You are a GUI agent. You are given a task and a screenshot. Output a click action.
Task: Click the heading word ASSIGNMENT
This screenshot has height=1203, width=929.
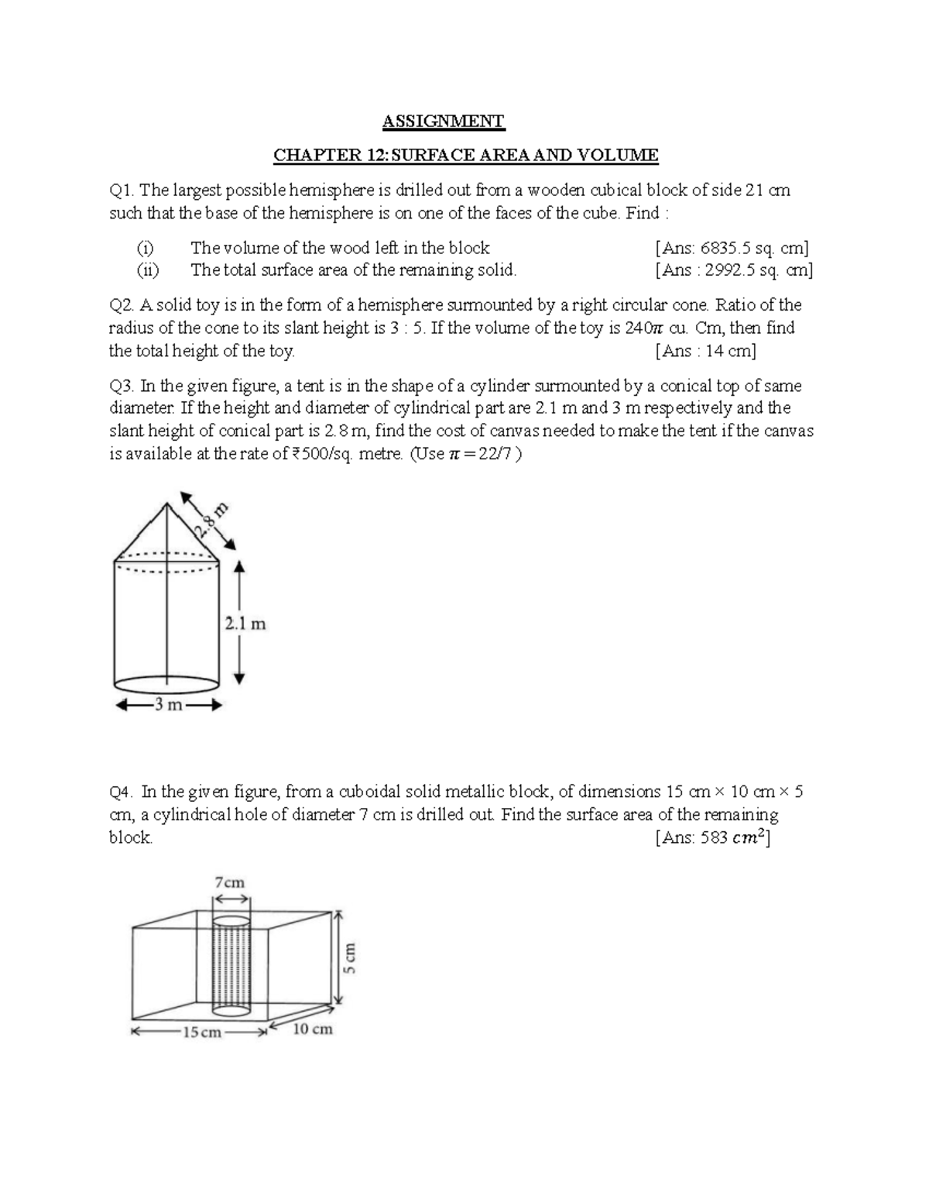point(444,121)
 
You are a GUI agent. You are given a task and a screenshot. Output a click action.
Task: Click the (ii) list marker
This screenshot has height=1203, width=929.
point(146,270)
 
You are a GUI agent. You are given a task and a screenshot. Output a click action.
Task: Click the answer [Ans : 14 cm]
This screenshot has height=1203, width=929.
point(705,351)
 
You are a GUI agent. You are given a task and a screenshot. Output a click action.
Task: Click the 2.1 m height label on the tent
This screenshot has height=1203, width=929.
point(245,624)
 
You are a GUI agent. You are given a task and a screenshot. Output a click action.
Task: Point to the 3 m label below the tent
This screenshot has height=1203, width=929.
point(168,706)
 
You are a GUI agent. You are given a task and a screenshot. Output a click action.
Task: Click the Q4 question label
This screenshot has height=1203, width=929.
point(122,792)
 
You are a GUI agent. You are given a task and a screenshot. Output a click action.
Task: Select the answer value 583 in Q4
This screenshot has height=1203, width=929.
point(713,838)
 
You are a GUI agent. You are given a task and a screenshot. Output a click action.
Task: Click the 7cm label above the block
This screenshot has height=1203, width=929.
point(230,882)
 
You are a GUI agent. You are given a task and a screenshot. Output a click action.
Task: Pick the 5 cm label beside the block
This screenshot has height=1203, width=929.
point(351,957)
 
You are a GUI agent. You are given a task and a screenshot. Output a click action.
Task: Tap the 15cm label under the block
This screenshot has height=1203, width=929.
point(201,1032)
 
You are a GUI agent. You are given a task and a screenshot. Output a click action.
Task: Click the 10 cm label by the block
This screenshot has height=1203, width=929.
point(313,1029)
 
